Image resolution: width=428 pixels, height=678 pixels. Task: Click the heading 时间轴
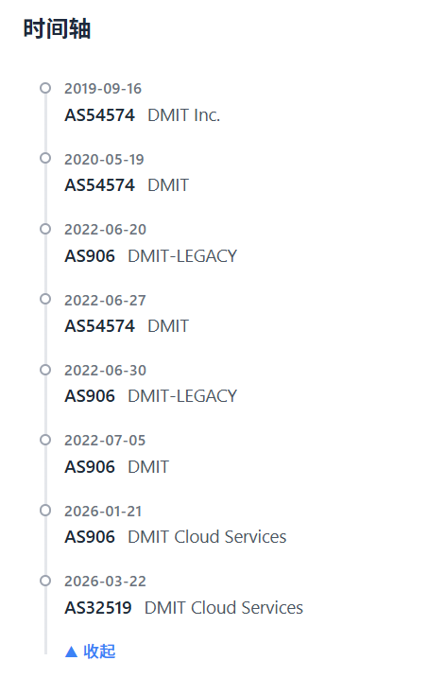[57, 29]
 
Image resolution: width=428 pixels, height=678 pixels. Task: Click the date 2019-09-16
[103, 89]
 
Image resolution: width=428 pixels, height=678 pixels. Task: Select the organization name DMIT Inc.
[183, 115]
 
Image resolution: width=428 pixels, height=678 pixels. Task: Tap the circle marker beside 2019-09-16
[45, 88]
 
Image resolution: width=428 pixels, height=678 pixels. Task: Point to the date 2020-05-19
[104, 160]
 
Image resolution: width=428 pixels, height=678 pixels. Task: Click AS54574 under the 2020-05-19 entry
[100, 185]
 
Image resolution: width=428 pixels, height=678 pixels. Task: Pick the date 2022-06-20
[106, 230]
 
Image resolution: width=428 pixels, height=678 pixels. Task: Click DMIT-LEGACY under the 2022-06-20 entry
[182, 256]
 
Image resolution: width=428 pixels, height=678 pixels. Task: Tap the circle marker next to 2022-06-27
[45, 299]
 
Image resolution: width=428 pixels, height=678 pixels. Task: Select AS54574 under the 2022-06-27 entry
[100, 326]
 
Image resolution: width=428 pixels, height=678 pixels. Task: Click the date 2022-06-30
[106, 371]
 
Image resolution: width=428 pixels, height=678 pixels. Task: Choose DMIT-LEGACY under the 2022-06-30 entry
[182, 396]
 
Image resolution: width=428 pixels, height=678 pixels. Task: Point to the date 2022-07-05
[105, 441]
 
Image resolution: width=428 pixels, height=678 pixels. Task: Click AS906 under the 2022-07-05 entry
[90, 467]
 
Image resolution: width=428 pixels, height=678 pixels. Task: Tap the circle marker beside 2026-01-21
[45, 511]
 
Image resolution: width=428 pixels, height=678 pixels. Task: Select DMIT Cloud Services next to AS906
[207, 537]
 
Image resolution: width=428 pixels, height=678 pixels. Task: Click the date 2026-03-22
[106, 582]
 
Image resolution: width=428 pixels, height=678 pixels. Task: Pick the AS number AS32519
[98, 608]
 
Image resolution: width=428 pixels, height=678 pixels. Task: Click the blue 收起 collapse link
[99, 652]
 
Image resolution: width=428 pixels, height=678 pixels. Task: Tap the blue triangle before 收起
[71, 652]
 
